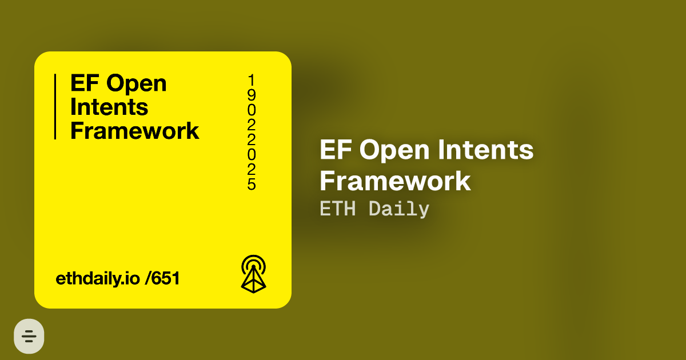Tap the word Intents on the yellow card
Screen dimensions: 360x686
point(109,107)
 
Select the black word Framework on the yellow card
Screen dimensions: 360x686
point(134,131)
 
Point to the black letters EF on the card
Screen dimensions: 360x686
point(84,83)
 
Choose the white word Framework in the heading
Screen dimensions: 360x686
point(395,181)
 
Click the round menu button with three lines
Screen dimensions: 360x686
point(29,336)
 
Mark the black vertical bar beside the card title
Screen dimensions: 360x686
point(55,107)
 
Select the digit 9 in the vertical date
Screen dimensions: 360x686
point(252,94)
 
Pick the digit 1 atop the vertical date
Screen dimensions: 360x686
point(252,79)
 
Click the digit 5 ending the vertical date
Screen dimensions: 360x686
point(252,184)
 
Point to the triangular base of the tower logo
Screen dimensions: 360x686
point(253,283)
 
